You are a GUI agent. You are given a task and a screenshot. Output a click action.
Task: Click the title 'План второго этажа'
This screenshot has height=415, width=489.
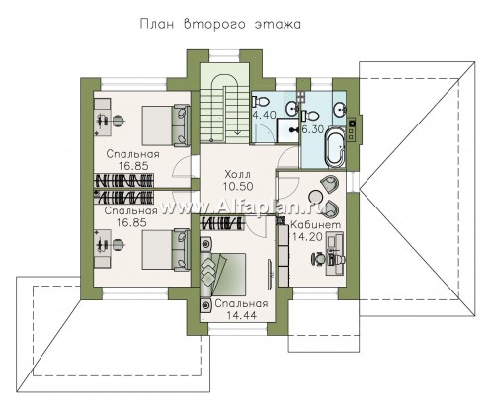click(220, 25)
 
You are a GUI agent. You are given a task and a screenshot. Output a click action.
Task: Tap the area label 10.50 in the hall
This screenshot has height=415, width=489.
click(238, 187)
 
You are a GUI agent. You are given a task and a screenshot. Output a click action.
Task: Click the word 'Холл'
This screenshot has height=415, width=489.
click(238, 174)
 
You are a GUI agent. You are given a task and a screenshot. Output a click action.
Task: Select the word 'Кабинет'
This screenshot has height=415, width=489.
click(316, 225)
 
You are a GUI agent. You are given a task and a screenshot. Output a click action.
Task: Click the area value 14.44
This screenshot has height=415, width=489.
click(241, 315)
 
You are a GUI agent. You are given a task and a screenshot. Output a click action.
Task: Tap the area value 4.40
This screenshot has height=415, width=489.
click(264, 116)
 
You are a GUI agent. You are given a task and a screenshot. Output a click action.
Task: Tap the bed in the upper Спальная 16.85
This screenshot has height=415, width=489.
click(166, 125)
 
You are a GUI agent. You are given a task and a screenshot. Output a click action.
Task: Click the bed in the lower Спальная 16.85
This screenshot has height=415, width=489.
click(166, 250)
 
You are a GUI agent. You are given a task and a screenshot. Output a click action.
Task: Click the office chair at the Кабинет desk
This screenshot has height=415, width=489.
click(318, 259)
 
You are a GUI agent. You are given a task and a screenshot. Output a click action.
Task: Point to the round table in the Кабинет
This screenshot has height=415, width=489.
click(316, 197)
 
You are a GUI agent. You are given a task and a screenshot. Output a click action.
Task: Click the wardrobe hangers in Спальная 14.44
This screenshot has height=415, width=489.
click(222, 223)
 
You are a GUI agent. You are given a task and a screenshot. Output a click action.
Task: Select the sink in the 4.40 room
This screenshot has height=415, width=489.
click(291, 109)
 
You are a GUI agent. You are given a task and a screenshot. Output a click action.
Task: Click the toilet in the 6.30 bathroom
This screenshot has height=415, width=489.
click(311, 116)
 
